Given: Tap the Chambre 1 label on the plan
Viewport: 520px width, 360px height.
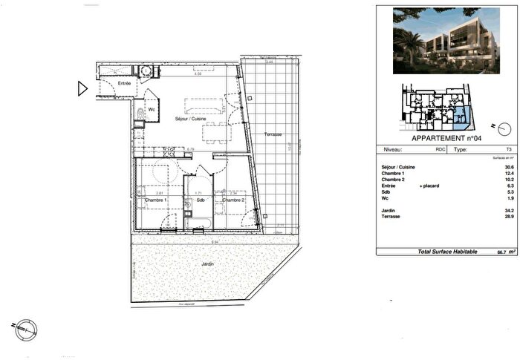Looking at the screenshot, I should click(155, 200).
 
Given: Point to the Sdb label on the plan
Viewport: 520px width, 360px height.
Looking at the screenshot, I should click(200, 200).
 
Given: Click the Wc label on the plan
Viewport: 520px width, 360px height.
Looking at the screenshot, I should click(151, 110).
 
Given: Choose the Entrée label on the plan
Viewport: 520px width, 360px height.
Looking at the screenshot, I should click(125, 83).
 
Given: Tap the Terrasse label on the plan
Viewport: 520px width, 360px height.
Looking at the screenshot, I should click(273, 134).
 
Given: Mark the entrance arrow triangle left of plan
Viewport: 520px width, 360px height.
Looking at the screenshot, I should click(82, 89).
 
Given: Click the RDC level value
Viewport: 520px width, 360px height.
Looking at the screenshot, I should click(441, 148).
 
